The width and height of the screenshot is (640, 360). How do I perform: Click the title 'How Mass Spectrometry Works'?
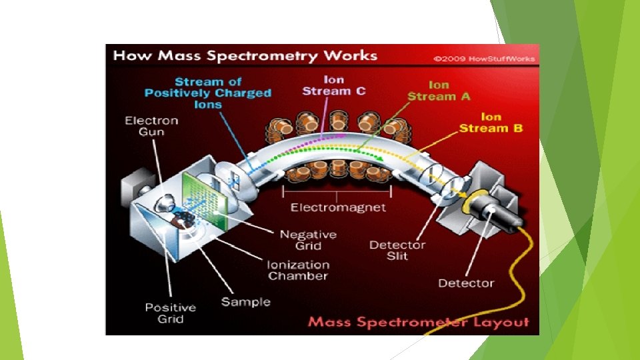[245, 55]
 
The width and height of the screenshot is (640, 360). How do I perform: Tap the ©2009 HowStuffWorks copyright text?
[484, 59]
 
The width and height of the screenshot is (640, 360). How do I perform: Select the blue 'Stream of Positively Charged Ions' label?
[208, 93]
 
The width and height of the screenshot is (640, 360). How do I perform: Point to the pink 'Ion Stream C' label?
[333, 85]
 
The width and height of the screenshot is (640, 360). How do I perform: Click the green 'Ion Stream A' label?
[439, 91]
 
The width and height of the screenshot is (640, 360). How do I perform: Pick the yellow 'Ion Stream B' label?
[491, 122]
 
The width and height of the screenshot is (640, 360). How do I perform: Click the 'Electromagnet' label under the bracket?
[338, 207]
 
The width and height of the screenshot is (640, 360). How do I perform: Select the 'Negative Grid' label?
[308, 240]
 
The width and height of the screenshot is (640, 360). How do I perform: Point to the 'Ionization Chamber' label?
[298, 270]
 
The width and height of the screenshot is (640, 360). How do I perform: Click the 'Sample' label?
[246, 302]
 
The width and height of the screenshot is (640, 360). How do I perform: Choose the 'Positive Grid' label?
[171, 313]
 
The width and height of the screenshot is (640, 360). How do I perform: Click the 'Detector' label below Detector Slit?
[466, 283]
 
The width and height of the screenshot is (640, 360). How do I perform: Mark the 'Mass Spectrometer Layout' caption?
[418, 323]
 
